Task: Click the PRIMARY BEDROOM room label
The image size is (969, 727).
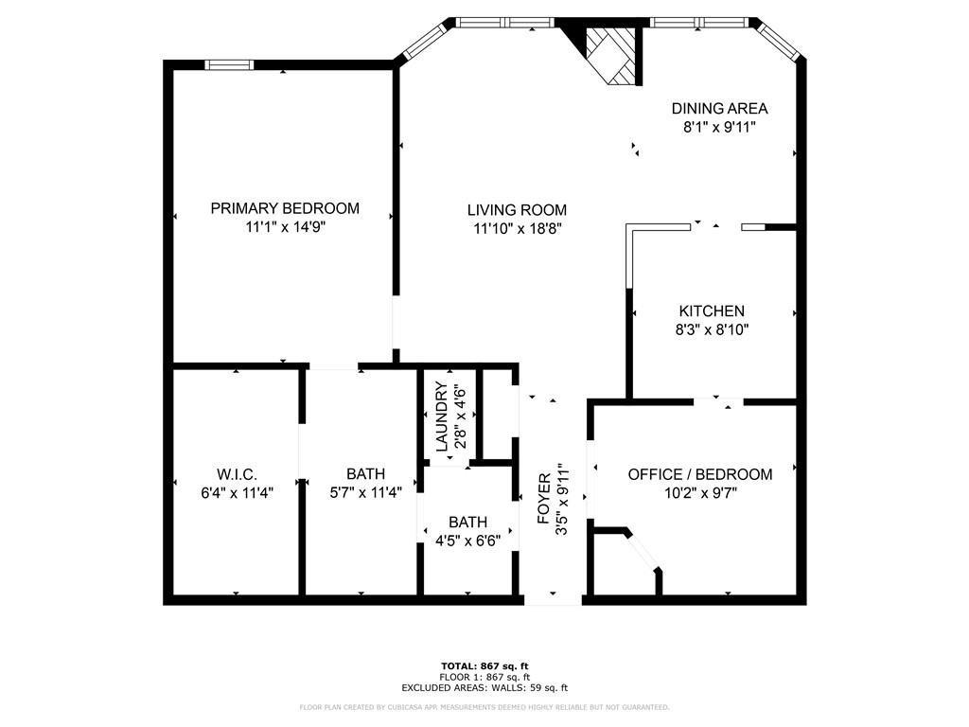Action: [x=285, y=208]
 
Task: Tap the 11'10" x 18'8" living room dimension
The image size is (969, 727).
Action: [x=518, y=229]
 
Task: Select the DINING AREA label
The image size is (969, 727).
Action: [x=720, y=109]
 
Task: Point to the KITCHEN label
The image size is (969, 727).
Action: [x=712, y=310]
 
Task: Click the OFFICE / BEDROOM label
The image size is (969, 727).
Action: [x=700, y=474]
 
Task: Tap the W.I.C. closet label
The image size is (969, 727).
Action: [x=238, y=474]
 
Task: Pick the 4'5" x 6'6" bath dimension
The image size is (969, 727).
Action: [x=467, y=541]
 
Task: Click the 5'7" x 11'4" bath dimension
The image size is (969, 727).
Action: [x=366, y=492]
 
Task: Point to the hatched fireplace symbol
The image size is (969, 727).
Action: [x=610, y=54]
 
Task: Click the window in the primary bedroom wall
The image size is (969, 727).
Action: [x=229, y=65]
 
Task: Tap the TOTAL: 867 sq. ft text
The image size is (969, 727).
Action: [x=484, y=665]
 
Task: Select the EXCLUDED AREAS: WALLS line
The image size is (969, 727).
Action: [x=484, y=687]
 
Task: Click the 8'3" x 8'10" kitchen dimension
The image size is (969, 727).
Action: [x=712, y=329]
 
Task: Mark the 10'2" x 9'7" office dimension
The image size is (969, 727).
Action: [x=700, y=493]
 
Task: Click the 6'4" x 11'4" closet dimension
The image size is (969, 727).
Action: [x=238, y=492]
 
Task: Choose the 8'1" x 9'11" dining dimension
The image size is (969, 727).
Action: [x=720, y=128]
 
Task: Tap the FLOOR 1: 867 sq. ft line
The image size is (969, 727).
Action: [x=484, y=677]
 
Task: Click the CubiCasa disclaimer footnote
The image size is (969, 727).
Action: [x=484, y=707]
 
